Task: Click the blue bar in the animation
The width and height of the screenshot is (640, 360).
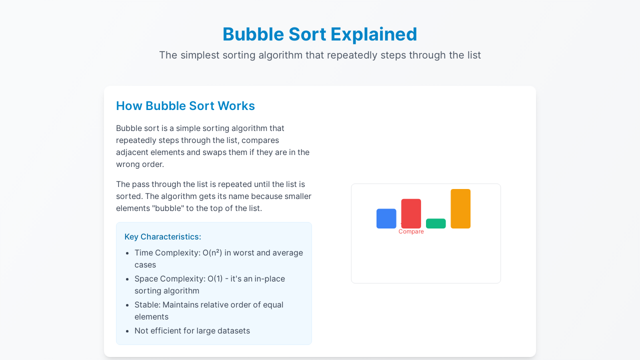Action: click(386, 218)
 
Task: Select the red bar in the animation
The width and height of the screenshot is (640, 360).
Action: click(411, 213)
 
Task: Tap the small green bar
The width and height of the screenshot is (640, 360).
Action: click(435, 223)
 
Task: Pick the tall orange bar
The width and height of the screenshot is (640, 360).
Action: click(460, 208)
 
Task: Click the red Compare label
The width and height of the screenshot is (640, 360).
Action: click(411, 231)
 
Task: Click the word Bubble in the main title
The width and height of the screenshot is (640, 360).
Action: click(253, 34)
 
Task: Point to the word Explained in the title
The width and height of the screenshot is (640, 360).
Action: click(373, 35)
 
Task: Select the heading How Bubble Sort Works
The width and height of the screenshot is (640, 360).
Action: click(185, 105)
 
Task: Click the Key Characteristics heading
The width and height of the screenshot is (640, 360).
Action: click(163, 237)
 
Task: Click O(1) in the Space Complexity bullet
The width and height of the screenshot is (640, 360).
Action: click(215, 279)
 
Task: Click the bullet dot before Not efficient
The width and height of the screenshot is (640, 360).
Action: click(127, 331)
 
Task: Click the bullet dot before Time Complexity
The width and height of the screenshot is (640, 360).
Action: click(127, 253)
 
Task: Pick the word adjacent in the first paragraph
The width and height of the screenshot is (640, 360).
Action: click(132, 152)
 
